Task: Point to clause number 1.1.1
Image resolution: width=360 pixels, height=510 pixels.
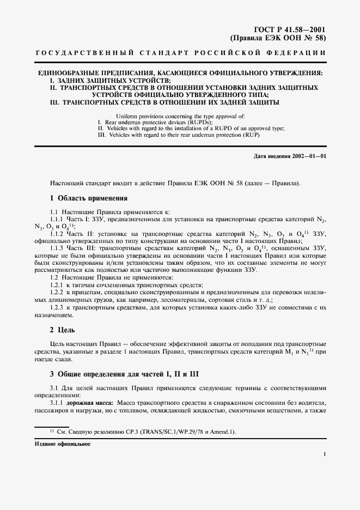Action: (x=58, y=218)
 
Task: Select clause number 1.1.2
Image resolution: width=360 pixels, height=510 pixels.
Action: (x=58, y=233)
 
